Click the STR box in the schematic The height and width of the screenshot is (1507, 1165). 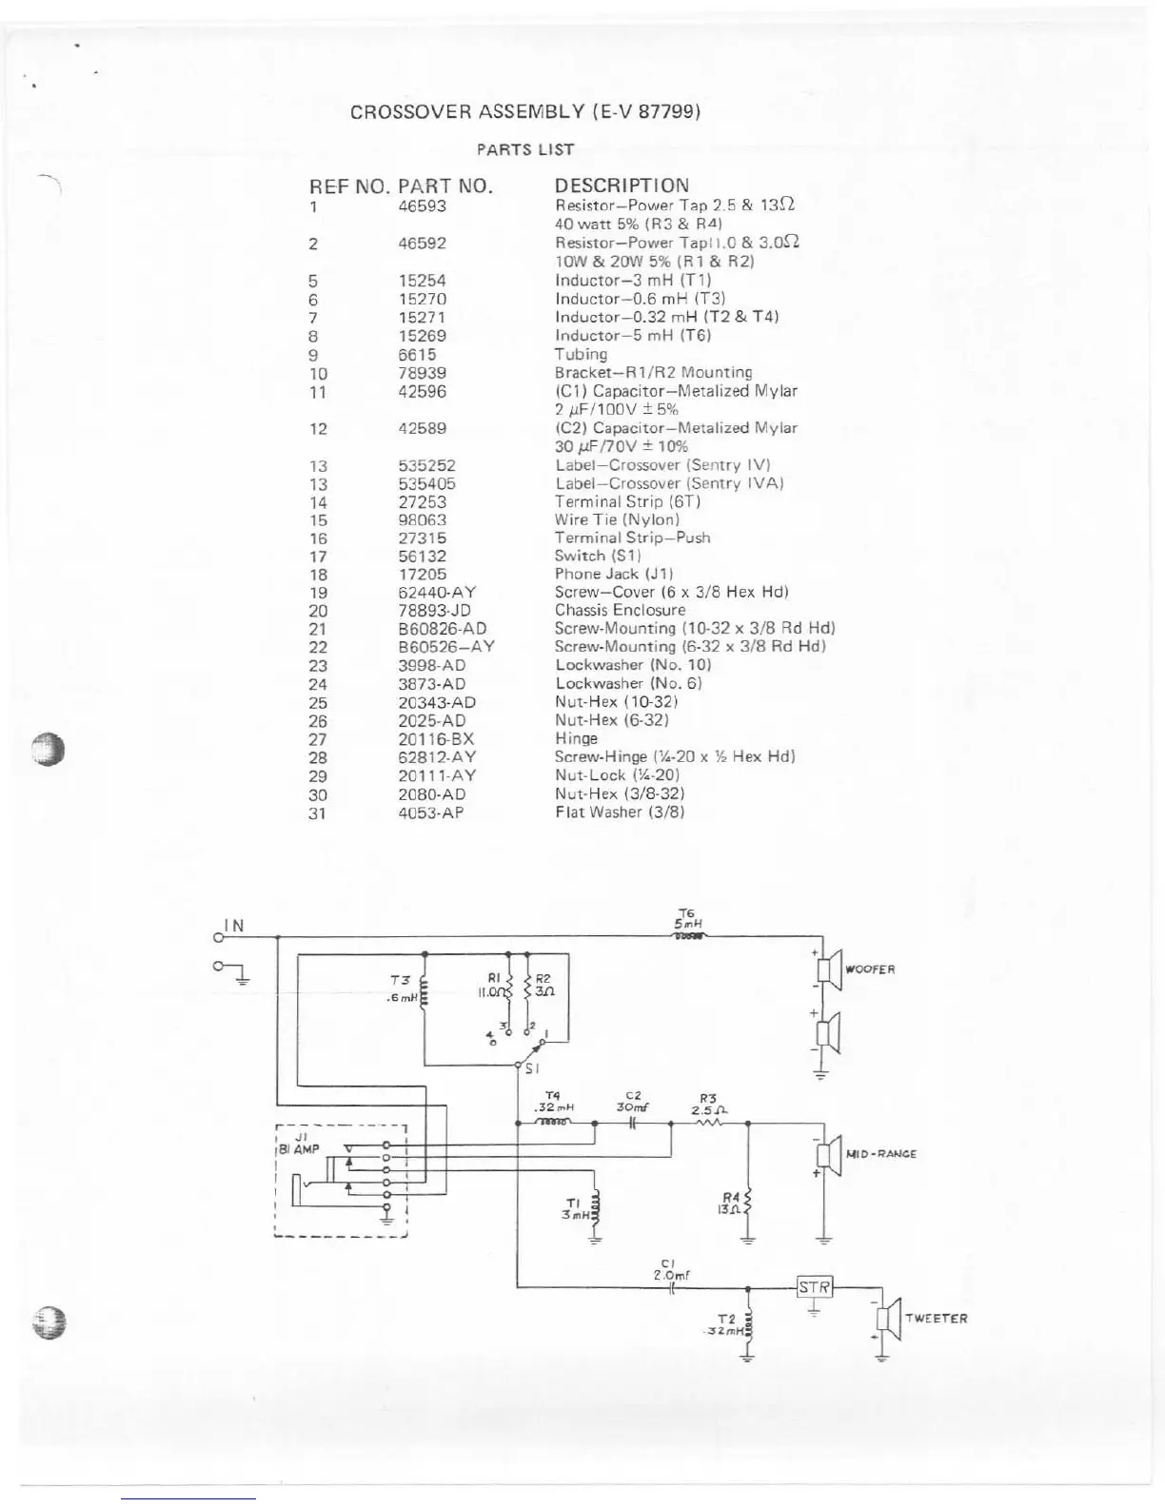(814, 1287)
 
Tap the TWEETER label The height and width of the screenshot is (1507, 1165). (936, 1319)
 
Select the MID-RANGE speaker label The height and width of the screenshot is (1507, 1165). (880, 1154)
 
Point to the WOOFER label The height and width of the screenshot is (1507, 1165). (870, 969)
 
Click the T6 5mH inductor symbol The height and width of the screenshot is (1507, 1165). (689, 936)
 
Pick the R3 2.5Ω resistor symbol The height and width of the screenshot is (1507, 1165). (709, 1123)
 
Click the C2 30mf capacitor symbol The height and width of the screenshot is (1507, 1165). (633, 1123)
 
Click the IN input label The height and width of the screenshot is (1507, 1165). (234, 926)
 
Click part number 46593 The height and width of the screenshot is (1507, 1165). (422, 205)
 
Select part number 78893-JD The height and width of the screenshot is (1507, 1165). (434, 610)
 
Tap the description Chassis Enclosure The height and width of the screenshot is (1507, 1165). (620, 610)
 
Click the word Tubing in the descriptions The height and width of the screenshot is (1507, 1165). (581, 354)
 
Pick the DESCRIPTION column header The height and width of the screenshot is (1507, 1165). (622, 186)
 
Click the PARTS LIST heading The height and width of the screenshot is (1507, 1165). (525, 149)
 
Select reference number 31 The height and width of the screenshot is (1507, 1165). (317, 813)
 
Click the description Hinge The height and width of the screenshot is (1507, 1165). (576, 738)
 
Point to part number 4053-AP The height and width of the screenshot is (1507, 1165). (430, 812)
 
